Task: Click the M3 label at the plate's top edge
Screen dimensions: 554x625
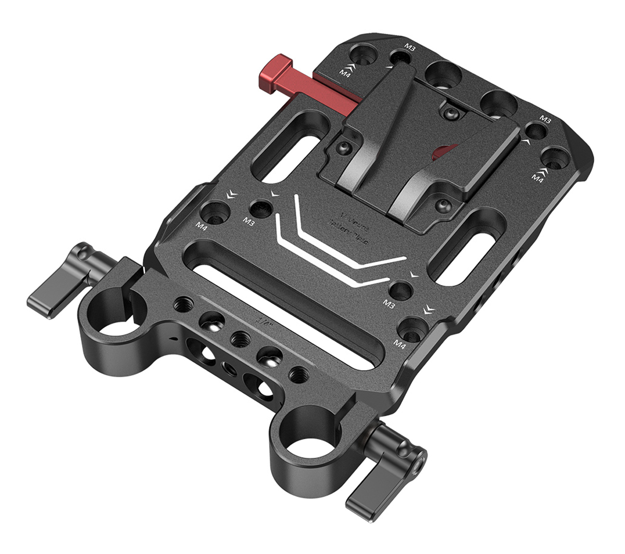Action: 410,48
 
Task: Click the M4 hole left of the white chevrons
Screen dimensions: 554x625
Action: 214,211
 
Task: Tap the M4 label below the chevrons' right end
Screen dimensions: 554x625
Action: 399,343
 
